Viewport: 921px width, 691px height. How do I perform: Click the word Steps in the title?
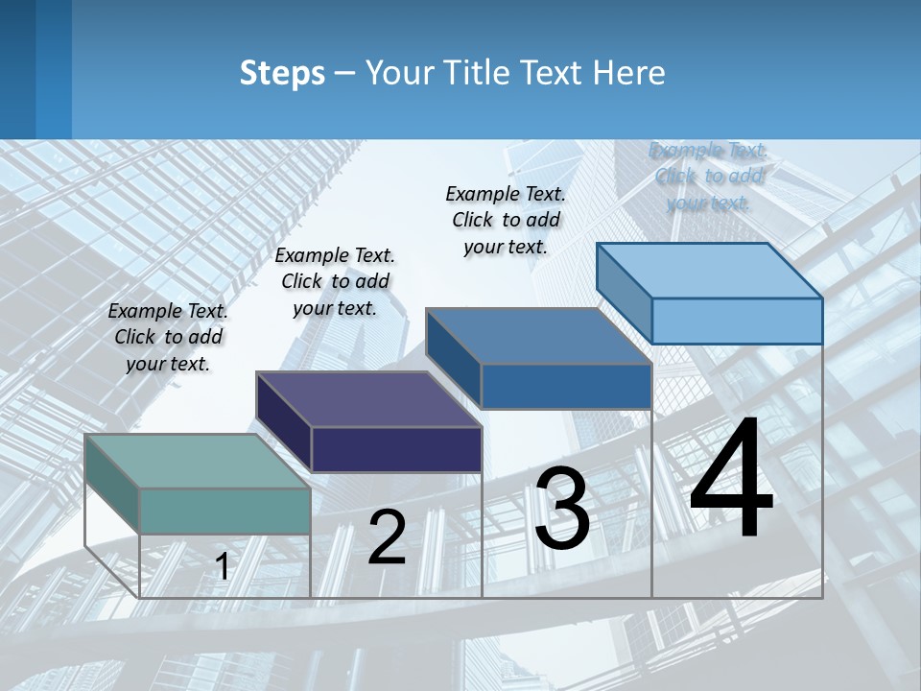tap(282, 73)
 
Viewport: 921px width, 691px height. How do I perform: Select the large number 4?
tap(731, 480)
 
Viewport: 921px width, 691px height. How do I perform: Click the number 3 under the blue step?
tap(562, 509)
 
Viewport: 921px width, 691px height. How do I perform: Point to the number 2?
tap(387, 537)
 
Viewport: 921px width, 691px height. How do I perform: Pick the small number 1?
tap(222, 567)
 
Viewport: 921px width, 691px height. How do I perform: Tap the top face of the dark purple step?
tap(369, 399)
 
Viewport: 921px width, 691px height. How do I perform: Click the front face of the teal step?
tap(224, 511)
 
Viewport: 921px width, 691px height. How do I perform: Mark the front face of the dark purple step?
tap(396, 449)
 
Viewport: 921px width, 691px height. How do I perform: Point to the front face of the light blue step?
tap(737, 321)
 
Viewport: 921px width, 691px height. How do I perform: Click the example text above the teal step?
tap(168, 337)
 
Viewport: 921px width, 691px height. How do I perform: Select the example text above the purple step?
tap(335, 281)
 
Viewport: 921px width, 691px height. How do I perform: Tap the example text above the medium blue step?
tap(506, 220)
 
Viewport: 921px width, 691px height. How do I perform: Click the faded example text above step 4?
tap(708, 176)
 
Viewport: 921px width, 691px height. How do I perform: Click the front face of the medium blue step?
tap(566, 386)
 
